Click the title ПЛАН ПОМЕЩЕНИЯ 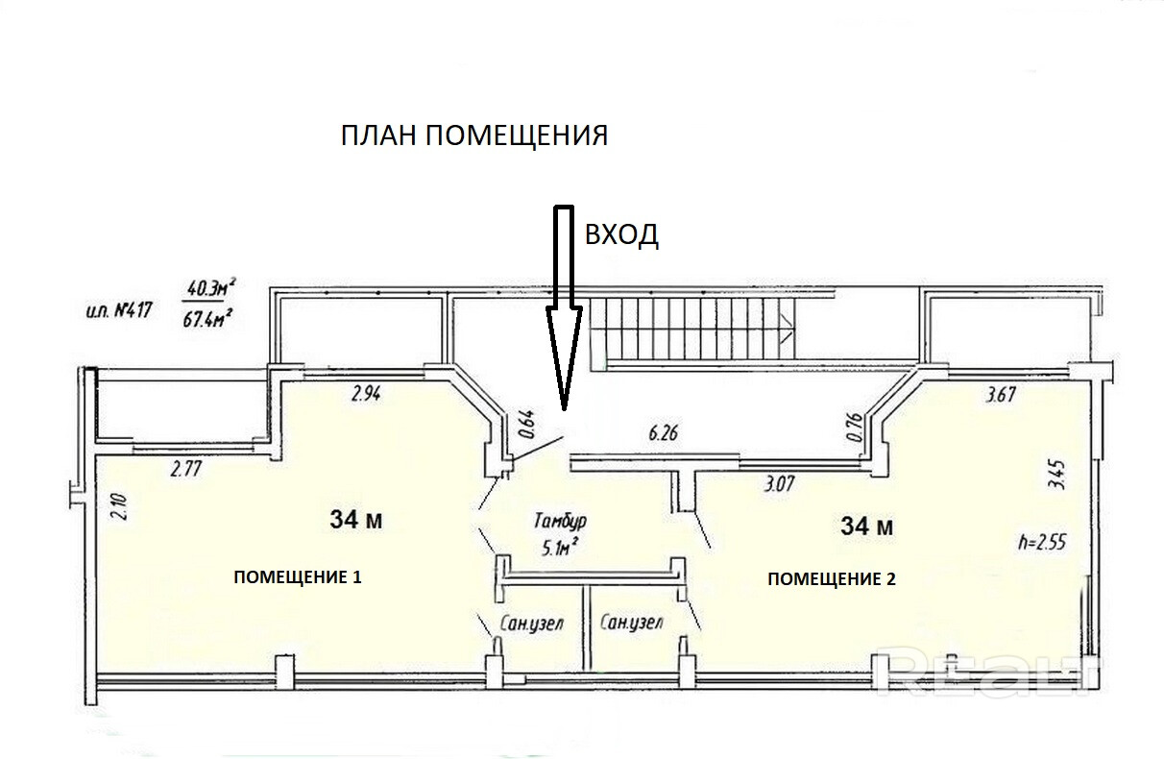click(474, 135)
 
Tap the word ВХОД click(621, 234)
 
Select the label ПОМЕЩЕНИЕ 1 click(298, 577)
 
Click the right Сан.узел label click(631, 623)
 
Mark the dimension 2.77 click(189, 470)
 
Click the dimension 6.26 click(664, 433)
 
